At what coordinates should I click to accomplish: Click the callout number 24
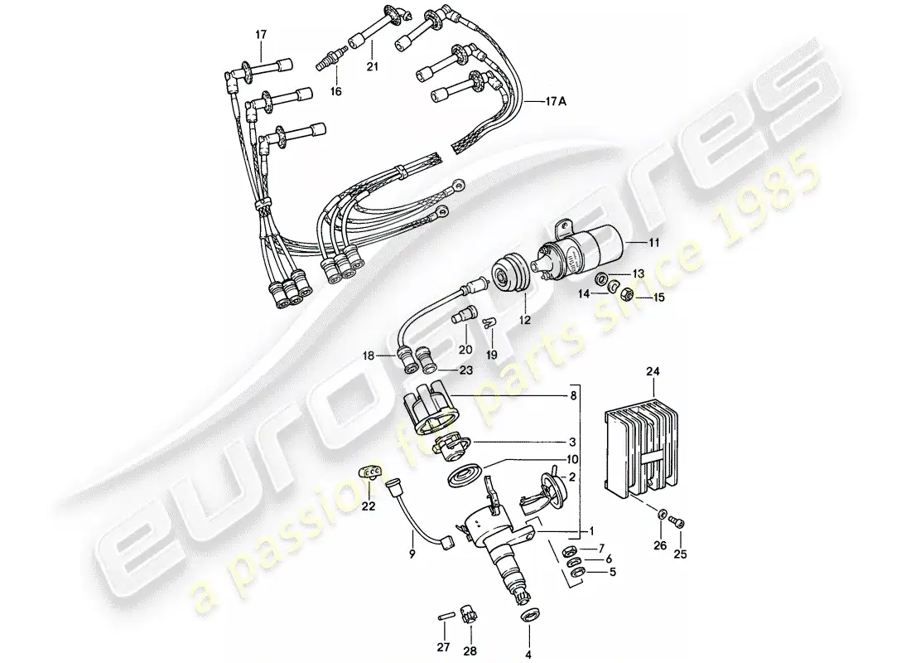(653, 371)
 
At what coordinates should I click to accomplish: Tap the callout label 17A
(556, 102)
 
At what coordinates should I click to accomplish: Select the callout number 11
(654, 243)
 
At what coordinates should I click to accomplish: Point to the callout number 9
(412, 554)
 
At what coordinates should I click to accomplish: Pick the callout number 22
(369, 506)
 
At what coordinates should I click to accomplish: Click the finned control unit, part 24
(640, 448)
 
